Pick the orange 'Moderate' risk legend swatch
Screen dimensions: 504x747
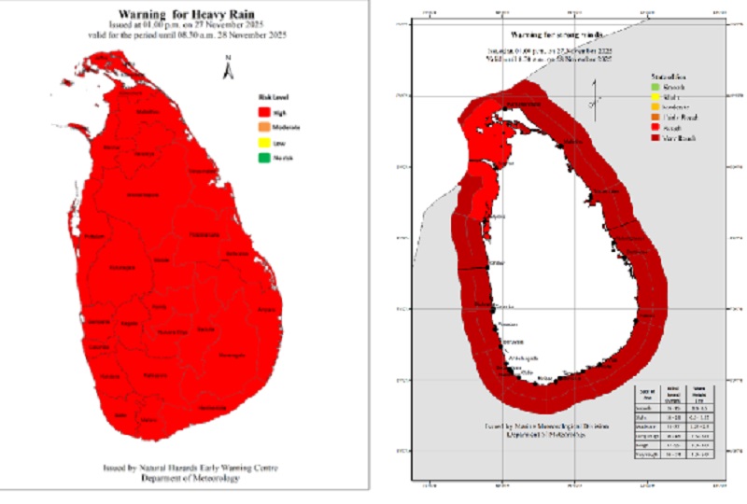[263, 126]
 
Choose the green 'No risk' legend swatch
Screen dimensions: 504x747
[263, 159]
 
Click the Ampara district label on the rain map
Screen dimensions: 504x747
[268, 307]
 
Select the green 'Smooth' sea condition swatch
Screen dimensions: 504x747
[655, 88]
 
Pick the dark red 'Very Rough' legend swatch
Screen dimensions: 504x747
[655, 138]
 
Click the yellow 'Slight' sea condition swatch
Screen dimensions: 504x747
[655, 97]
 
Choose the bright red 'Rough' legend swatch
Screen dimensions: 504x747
[655, 128]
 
